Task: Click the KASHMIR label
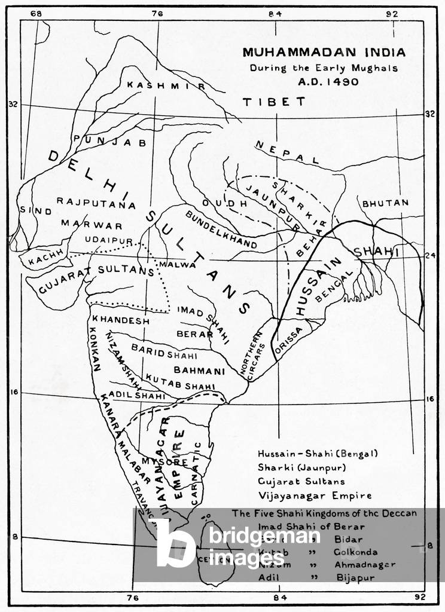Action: click(x=166, y=85)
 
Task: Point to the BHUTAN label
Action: click(x=385, y=203)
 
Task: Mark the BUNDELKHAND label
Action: click(x=220, y=230)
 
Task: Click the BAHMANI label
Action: click(x=199, y=371)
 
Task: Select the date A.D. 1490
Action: click(x=325, y=82)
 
